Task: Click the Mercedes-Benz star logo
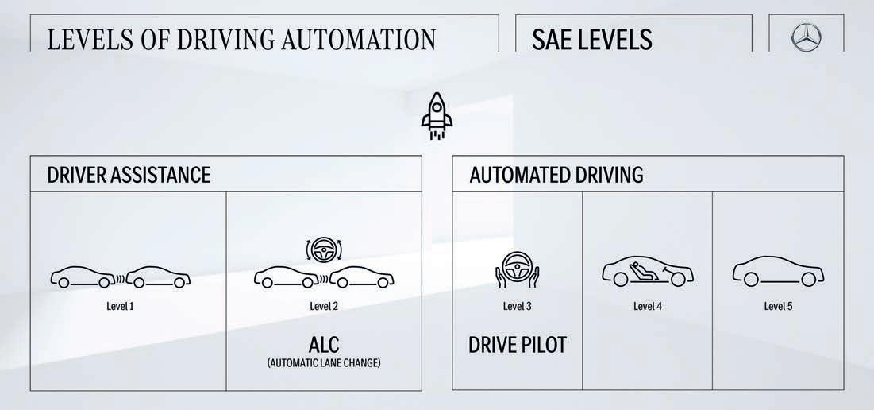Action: [807, 37]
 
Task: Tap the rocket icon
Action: [437, 116]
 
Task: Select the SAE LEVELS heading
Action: [592, 39]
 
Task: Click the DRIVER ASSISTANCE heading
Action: [129, 175]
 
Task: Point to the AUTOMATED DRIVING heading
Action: [556, 175]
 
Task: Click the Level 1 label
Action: [120, 306]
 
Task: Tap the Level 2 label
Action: [324, 306]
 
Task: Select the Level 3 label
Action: [518, 306]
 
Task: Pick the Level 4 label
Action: [648, 306]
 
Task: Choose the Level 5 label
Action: [778, 306]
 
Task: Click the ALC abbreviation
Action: [324, 345]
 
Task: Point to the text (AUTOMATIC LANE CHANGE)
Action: [324, 363]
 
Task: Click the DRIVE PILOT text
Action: [518, 345]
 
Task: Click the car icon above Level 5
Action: [778, 273]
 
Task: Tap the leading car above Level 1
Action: [160, 278]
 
